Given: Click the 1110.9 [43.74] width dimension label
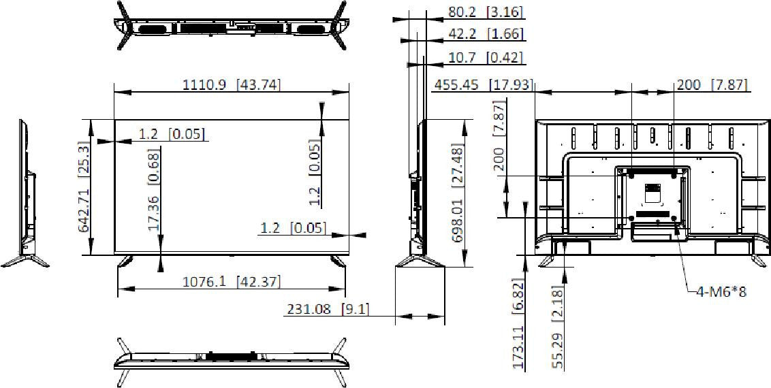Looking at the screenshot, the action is [232, 84].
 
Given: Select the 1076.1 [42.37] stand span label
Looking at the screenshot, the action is [232, 282].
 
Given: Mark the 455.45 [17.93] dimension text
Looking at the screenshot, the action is [483, 85].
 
